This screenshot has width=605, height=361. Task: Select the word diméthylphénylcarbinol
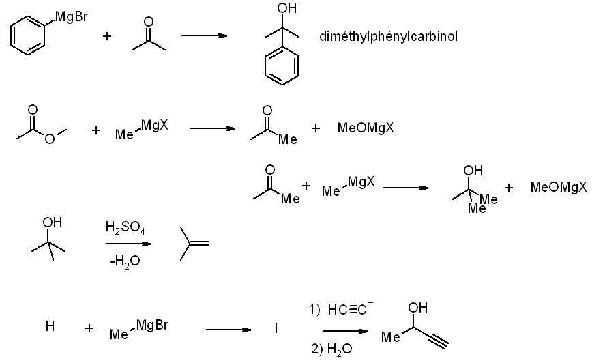[388, 36]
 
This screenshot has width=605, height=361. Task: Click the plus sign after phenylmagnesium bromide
[107, 36]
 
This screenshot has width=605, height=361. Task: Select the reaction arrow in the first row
[203, 35]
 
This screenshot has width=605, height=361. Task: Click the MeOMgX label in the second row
[366, 128]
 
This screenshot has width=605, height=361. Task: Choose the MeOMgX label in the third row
[559, 186]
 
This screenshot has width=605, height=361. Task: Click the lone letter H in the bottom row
[50, 327]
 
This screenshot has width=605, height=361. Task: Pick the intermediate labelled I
[276, 329]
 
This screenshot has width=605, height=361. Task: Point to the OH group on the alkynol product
[417, 308]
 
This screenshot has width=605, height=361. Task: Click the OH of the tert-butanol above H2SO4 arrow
[52, 222]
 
